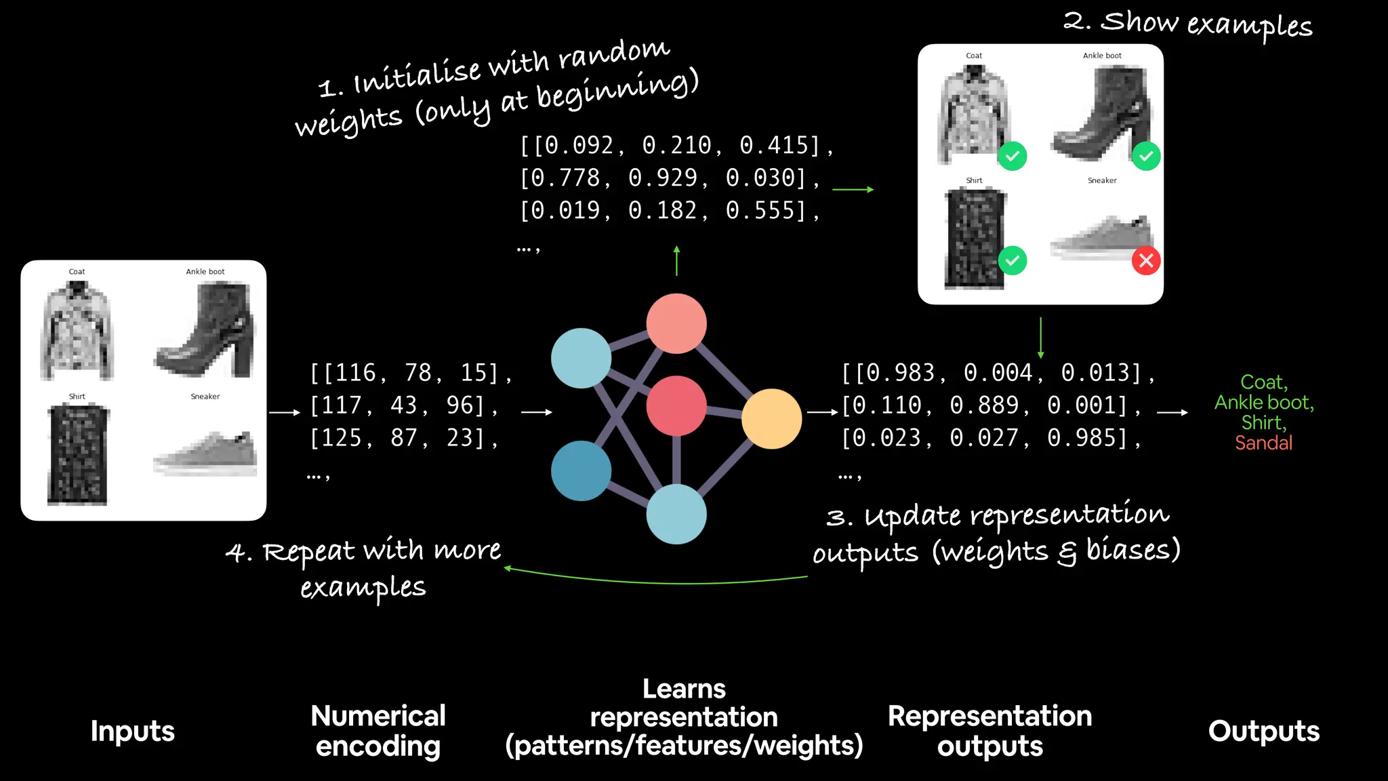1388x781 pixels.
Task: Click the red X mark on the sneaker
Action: [x=1146, y=260]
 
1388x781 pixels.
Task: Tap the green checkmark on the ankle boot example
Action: [x=1146, y=156]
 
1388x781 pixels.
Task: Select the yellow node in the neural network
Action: [x=771, y=418]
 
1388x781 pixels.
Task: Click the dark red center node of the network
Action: [x=676, y=405]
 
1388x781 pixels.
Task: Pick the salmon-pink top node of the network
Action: [x=676, y=323]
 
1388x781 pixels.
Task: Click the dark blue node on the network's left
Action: [x=581, y=470]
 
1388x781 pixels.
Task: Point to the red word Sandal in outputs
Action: [x=1263, y=443]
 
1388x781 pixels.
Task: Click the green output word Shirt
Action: [x=1263, y=422]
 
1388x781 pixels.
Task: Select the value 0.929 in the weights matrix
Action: [x=662, y=178]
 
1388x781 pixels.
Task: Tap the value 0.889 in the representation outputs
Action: [x=984, y=405]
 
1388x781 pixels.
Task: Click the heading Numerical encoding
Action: [x=377, y=731]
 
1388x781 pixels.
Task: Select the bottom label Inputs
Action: [x=133, y=731]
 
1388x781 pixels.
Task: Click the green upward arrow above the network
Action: [x=676, y=260]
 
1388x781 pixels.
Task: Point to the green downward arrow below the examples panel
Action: [x=1040, y=338]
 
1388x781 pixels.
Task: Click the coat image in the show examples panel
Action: [x=974, y=114]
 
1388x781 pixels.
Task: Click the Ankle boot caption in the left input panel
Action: [x=205, y=271]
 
